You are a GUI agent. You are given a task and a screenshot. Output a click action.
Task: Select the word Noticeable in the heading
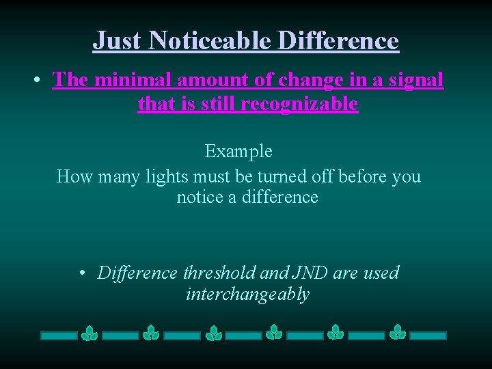click(210, 41)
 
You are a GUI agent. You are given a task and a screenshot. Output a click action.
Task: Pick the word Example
click(238, 151)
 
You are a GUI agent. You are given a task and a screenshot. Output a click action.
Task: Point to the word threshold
click(220, 273)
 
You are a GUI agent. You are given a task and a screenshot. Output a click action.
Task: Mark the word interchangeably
click(247, 295)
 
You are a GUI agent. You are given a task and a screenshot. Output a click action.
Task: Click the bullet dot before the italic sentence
click(81, 274)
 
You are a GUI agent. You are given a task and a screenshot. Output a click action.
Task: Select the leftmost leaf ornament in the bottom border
click(90, 333)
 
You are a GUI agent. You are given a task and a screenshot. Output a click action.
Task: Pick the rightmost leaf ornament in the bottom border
click(398, 333)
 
